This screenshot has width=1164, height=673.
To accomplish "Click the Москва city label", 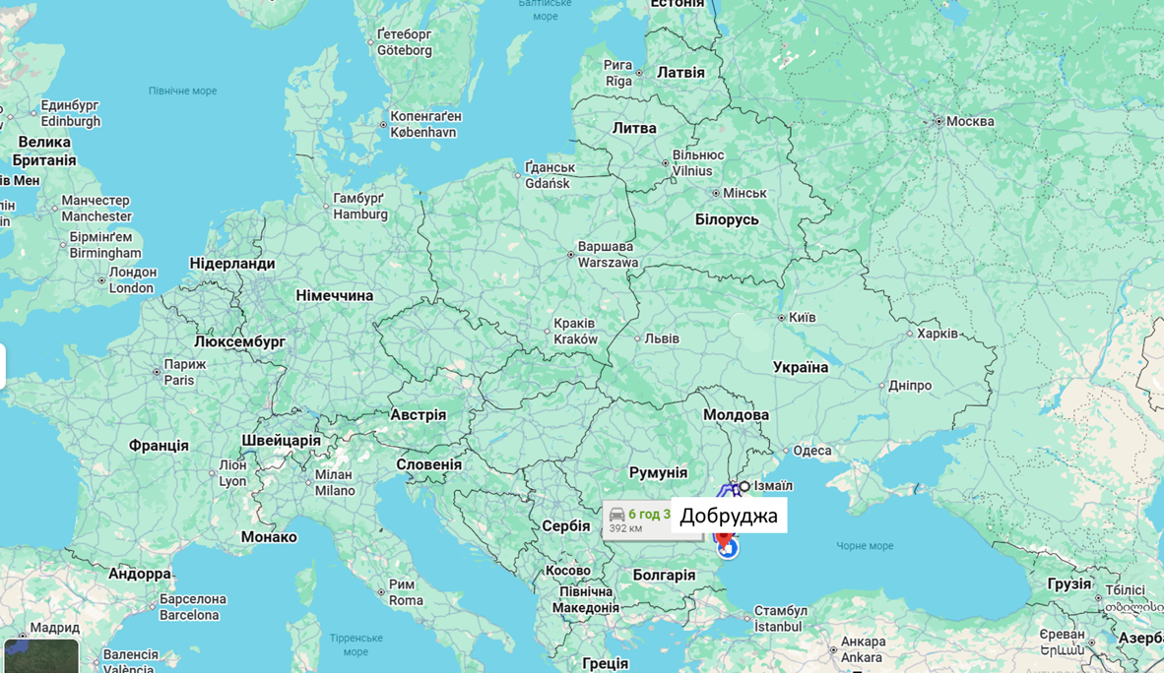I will point(970,122).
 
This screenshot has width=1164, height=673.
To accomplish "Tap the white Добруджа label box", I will point(729,516).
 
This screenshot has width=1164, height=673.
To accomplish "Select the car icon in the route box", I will point(617,515).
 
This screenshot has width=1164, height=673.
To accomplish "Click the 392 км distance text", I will point(625,528).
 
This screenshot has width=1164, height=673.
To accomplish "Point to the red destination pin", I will point(724,540).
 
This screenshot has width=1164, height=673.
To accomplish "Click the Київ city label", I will point(802,318).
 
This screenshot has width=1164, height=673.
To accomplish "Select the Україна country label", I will point(801,367).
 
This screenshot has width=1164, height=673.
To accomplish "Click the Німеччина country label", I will point(335,295).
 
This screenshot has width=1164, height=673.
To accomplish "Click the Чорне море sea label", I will point(865,546).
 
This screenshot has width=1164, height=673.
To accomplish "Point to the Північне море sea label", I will point(182,91).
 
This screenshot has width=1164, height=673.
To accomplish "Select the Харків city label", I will point(937,334).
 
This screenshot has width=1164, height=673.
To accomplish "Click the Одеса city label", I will point(812,451).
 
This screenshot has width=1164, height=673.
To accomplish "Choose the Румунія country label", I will point(658,472).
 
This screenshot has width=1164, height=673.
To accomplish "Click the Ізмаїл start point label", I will point(773,486).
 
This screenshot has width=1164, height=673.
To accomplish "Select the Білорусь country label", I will point(727,219).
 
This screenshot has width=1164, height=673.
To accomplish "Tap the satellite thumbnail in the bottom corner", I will point(40,656).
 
